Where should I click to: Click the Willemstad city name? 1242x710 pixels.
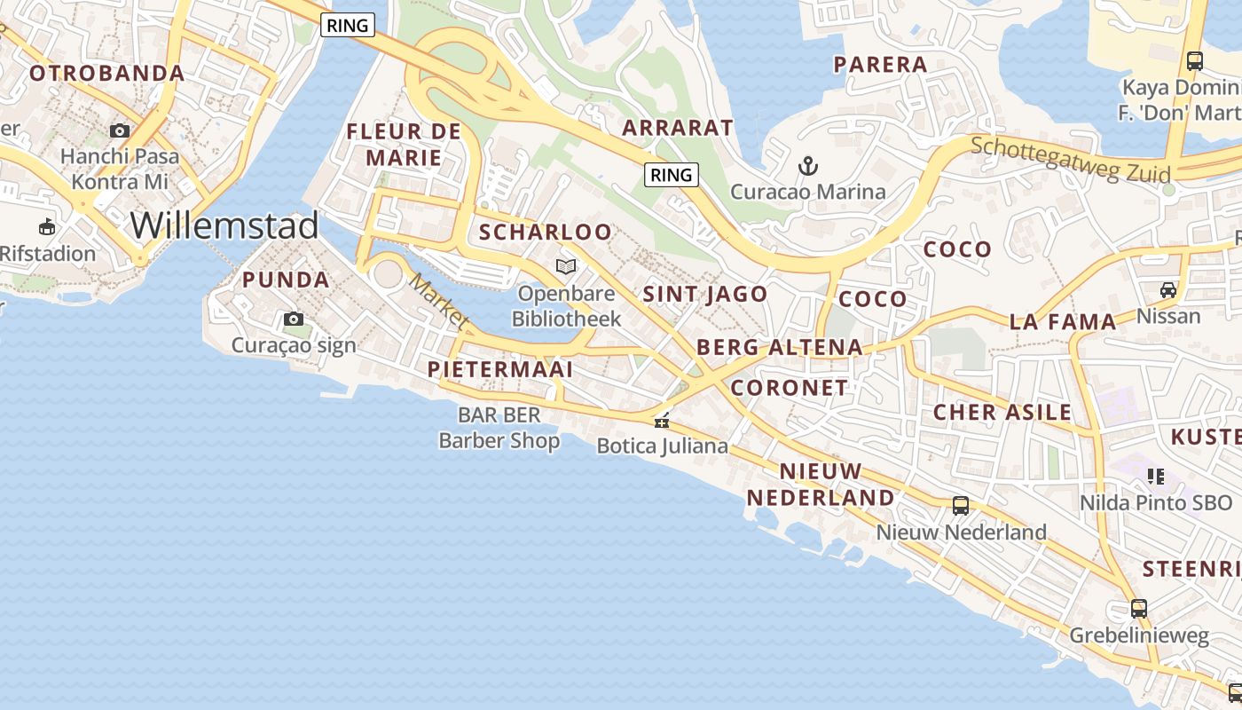(x=224, y=225)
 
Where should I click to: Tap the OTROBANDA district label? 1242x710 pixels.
(x=107, y=73)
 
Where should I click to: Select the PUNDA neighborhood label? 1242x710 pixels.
(x=286, y=280)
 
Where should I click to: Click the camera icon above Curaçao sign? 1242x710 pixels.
(x=293, y=319)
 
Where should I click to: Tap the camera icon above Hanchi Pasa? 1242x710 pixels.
(x=119, y=130)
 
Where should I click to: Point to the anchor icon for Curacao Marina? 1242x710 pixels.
(x=807, y=165)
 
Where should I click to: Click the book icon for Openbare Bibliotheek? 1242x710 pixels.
(x=565, y=266)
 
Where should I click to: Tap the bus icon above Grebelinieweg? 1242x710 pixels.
(x=1138, y=609)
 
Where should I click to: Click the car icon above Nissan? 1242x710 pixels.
(x=1167, y=289)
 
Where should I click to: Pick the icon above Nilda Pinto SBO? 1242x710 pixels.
(x=1155, y=477)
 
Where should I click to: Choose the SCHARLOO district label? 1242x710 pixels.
(x=546, y=233)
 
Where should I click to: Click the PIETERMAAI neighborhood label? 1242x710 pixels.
(x=499, y=368)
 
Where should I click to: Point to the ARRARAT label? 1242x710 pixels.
(x=678, y=128)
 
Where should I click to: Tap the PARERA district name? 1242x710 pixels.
(x=880, y=64)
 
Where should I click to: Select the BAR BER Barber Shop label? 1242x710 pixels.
(x=499, y=428)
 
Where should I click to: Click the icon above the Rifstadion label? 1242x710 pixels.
(x=46, y=227)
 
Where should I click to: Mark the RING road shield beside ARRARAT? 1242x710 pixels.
(x=671, y=175)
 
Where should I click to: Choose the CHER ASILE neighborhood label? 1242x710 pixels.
(x=1002, y=412)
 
